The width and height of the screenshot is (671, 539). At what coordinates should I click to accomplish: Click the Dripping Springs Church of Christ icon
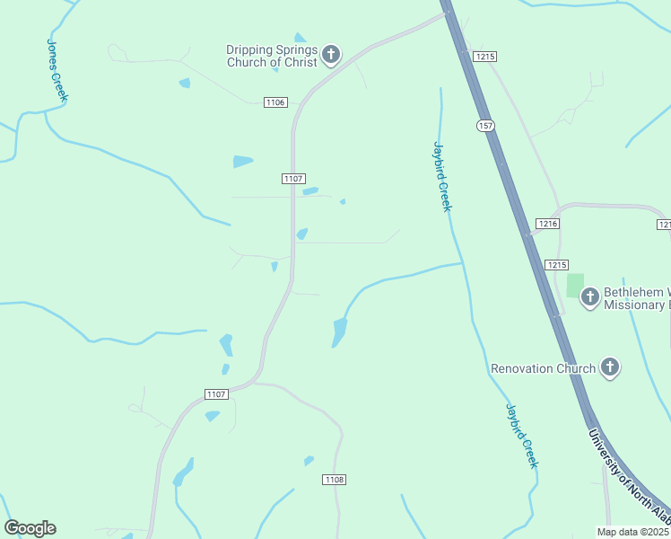(x=331, y=56)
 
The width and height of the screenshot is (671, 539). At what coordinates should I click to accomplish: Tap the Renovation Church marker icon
(x=610, y=367)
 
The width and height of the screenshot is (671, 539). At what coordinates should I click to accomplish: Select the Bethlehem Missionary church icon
(x=590, y=296)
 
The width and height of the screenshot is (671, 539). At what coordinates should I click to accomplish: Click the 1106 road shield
(x=275, y=102)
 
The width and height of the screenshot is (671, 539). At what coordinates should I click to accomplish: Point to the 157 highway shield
(x=485, y=125)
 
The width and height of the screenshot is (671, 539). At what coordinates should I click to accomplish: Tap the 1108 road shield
(x=334, y=480)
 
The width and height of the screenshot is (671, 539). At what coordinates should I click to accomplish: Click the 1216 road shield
(x=548, y=223)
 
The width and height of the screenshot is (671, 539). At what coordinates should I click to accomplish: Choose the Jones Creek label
(x=57, y=70)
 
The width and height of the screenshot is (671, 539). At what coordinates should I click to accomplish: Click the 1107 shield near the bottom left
(x=216, y=393)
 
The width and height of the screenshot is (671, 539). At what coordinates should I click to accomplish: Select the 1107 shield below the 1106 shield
(x=293, y=179)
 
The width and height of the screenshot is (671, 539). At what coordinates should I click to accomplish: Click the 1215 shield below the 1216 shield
(x=557, y=264)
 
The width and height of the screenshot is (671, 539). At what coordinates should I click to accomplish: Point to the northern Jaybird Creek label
(x=442, y=176)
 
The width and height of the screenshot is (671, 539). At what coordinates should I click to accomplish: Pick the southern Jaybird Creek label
(x=520, y=436)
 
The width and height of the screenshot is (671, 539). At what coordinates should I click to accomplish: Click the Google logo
(x=30, y=528)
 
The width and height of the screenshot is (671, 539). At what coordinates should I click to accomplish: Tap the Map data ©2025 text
(x=633, y=532)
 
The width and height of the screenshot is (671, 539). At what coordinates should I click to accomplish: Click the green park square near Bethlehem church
(x=575, y=286)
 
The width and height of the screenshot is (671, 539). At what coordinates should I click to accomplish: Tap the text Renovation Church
(x=543, y=368)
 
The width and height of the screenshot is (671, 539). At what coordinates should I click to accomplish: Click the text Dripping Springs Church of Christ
(x=271, y=56)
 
